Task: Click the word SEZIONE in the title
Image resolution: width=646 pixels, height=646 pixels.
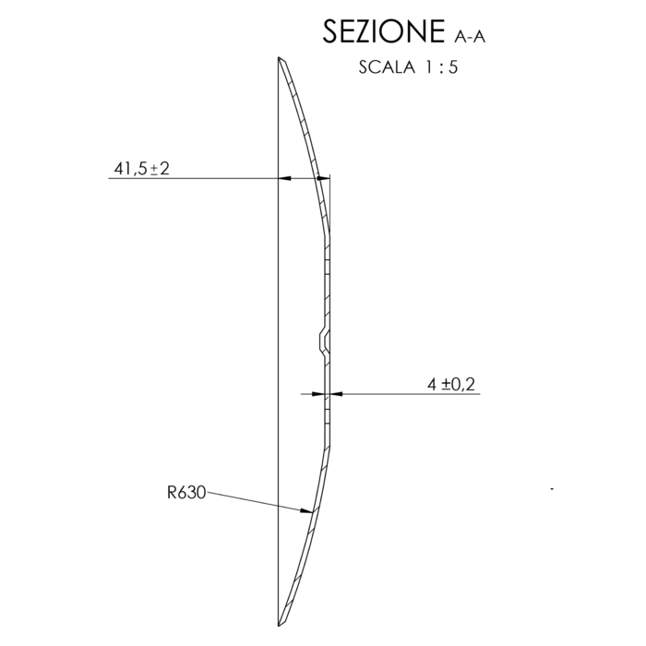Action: pyautogui.click(x=384, y=31)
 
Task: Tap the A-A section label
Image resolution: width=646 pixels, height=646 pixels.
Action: pyautogui.click(x=470, y=37)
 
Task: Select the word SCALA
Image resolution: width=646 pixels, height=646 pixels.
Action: pyautogui.click(x=387, y=67)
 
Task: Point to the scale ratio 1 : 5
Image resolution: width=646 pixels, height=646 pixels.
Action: pyautogui.click(x=441, y=67)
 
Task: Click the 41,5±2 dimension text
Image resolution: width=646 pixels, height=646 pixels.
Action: pyautogui.click(x=142, y=169)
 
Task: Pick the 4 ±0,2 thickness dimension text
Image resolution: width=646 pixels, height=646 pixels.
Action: pyautogui.click(x=451, y=385)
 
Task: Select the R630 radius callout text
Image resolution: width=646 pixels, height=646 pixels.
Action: pyautogui.click(x=186, y=492)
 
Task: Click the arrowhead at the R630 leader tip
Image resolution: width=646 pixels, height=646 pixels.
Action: pyautogui.click(x=306, y=511)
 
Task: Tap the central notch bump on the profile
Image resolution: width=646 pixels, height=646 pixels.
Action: pyautogui.click(x=324, y=341)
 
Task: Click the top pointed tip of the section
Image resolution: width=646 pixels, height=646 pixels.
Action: pyautogui.click(x=279, y=57)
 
